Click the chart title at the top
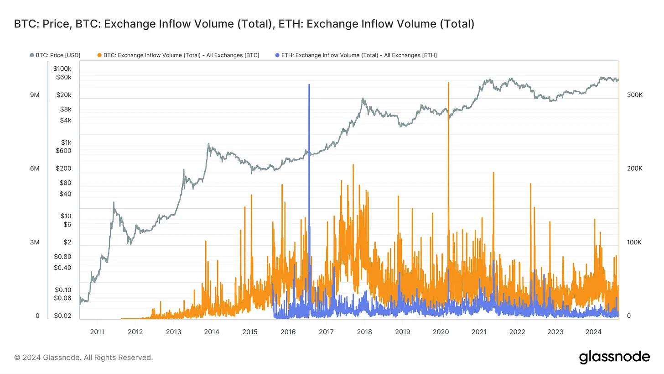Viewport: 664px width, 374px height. pos(244,24)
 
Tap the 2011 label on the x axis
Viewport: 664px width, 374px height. pos(97,332)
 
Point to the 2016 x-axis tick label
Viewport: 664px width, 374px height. pos(288,332)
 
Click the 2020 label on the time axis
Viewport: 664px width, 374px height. pos(441,332)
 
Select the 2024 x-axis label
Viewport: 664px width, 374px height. pos(593,332)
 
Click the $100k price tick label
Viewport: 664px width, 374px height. pos(62,68)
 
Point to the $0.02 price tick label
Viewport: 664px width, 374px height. pos(62,316)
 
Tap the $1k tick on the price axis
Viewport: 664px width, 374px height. pos(66,143)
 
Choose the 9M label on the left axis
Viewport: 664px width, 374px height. pos(35,95)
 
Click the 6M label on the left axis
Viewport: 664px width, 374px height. pos(35,169)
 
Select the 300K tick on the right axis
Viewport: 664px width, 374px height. pos(635,95)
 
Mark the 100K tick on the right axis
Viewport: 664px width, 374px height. pos(634,242)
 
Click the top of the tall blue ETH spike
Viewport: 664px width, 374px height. pos(309,85)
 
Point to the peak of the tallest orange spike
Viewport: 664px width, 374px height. pos(448,83)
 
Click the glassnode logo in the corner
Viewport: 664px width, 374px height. pos(614,357)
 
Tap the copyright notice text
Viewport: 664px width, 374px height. pos(83,358)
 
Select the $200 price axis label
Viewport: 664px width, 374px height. pos(63,169)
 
